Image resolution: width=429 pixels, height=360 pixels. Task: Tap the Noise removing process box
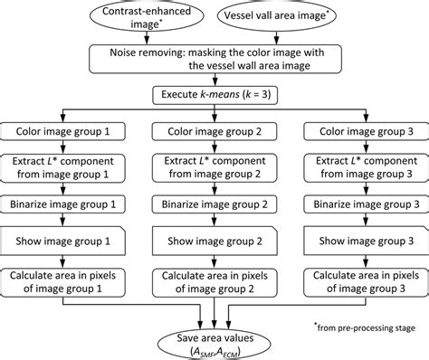pyautogui.click(x=214, y=61)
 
